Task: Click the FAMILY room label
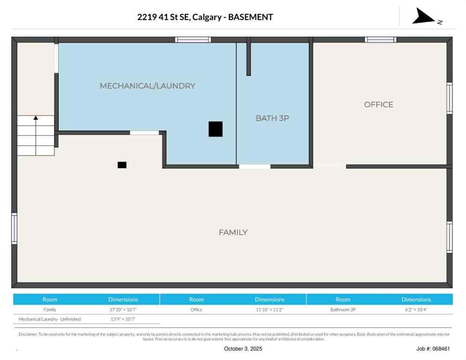coord(233,232)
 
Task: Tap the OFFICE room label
coord(378,105)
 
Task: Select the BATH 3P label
coord(272,119)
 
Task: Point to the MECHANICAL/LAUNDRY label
coord(147,86)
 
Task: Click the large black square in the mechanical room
coord(215,129)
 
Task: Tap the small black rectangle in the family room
coord(122,165)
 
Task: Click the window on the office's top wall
coord(381,40)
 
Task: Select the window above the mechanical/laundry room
coord(193,40)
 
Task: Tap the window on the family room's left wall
coord(14,228)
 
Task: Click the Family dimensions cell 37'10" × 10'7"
coord(123,309)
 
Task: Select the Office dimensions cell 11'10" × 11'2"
coord(270,309)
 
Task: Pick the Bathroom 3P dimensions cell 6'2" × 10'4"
coord(416,309)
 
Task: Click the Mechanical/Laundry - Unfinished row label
coord(50,319)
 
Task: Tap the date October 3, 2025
coord(243,349)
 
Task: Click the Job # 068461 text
coord(433,349)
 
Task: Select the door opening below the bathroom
coord(255,166)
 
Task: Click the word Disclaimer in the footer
coord(27,334)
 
